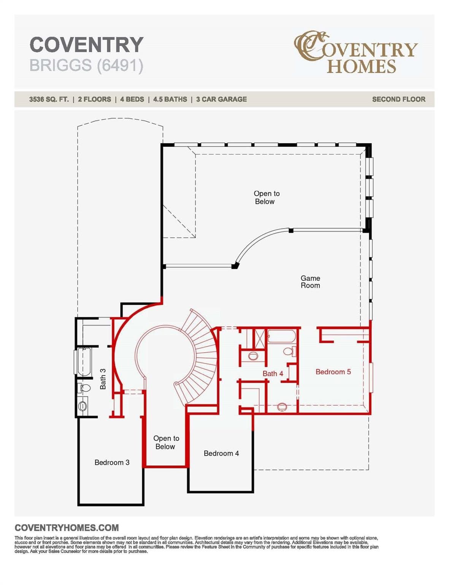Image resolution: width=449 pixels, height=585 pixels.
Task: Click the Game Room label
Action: pyautogui.click(x=310, y=281)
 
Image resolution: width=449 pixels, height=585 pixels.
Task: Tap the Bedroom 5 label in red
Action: pyautogui.click(x=333, y=372)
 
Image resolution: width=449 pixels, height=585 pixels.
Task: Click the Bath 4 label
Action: pyautogui.click(x=273, y=373)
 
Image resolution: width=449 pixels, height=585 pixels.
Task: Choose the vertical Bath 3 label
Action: pyautogui.click(x=103, y=379)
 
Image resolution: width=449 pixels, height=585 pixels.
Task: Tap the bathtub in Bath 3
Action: pyautogui.click(x=84, y=361)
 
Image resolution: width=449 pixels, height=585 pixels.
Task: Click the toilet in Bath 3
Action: pyautogui.click(x=84, y=388)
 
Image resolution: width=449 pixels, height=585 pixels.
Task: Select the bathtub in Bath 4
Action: pyautogui.click(x=282, y=337)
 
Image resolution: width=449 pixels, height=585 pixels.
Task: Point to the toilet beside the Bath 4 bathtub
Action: pyautogui.click(x=290, y=351)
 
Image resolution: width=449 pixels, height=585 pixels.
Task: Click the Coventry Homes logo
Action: pyautogui.click(x=355, y=52)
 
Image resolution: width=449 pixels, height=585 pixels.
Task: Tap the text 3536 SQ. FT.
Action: pyautogui.click(x=49, y=99)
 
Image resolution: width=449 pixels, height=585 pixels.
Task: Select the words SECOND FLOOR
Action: pyautogui.click(x=398, y=99)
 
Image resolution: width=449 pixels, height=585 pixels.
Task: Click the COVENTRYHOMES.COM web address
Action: pyautogui.click(x=67, y=527)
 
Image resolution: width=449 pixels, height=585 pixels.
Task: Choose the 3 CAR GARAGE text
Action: pyautogui.click(x=221, y=99)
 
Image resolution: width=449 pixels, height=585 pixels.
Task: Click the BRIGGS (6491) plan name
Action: pyautogui.click(x=86, y=66)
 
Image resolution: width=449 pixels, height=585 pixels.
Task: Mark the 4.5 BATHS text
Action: pyautogui.click(x=170, y=99)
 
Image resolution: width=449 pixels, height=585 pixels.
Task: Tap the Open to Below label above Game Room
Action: pyautogui.click(x=266, y=197)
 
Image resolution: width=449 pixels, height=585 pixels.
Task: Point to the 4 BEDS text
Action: pyautogui.click(x=132, y=99)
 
